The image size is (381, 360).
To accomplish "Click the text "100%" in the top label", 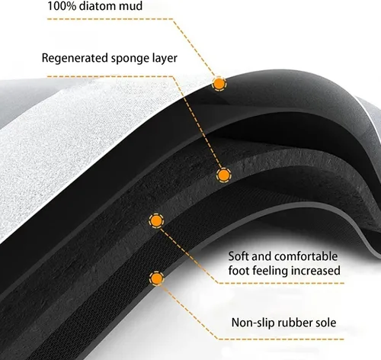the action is click(62, 5).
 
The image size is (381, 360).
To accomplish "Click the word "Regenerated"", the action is click(75, 58).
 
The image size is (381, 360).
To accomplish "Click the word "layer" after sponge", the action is click(165, 58).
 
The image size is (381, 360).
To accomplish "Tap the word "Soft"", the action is click(238, 256).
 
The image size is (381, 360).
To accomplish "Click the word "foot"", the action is click(239, 270).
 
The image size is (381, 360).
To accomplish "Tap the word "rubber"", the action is click(295, 323).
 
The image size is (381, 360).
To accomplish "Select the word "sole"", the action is click(326, 323).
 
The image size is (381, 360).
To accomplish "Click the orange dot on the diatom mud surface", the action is click(219, 83).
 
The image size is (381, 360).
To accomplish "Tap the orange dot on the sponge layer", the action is click(224, 175).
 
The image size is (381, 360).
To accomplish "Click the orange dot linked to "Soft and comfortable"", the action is click(156, 220).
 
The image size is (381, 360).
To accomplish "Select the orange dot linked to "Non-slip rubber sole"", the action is click(157, 278).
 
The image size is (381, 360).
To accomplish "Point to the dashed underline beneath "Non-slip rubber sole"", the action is click(280, 339).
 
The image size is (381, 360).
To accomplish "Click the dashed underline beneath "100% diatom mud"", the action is click(110, 19).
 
